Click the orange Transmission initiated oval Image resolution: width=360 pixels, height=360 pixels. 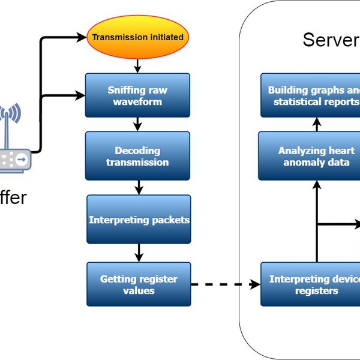click(x=138, y=37)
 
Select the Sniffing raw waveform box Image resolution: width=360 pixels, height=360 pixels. click(x=138, y=95)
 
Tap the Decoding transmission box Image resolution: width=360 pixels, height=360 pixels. click(x=138, y=156)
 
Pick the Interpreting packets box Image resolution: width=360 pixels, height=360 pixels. click(x=139, y=220)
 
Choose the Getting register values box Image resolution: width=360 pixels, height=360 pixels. click(x=139, y=284)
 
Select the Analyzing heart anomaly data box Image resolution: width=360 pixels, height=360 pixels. click(x=309, y=156)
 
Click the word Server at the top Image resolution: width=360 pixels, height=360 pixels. click(x=331, y=40)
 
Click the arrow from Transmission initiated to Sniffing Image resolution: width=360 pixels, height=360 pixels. click(x=138, y=65)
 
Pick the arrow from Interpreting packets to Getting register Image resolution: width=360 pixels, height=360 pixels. click(x=139, y=253)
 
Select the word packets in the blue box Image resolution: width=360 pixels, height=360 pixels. click(x=169, y=220)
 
